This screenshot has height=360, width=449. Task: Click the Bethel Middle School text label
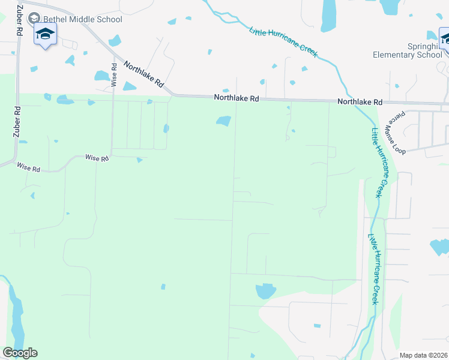point(82,19)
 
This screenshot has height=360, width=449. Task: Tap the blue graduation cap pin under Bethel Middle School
point(45,35)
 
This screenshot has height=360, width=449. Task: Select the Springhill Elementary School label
point(408,50)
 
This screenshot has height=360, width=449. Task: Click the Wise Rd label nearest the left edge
point(28,167)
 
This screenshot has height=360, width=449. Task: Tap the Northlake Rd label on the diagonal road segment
point(144,75)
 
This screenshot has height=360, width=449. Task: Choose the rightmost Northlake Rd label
point(360,102)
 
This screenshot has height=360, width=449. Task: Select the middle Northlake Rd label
point(237,98)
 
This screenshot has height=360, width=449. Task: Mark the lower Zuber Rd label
point(17,123)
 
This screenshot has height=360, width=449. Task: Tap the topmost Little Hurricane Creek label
point(283,40)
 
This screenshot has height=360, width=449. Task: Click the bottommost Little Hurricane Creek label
point(373,269)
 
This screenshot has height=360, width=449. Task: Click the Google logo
point(20,353)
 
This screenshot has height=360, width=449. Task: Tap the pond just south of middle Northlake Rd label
point(223,121)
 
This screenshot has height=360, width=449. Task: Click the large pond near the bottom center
point(265,291)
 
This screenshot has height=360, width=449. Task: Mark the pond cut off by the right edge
point(440,247)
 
